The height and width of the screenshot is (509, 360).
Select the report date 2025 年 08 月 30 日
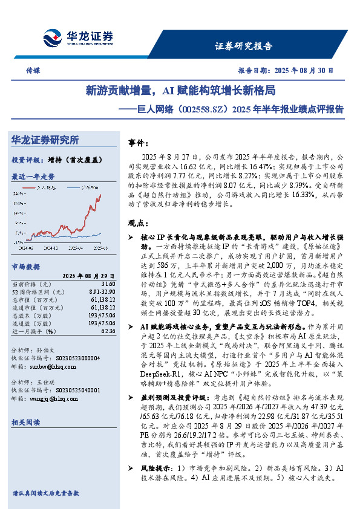(286, 70)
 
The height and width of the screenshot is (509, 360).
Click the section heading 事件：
(140, 144)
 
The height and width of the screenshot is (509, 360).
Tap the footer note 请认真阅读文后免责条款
(45, 493)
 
